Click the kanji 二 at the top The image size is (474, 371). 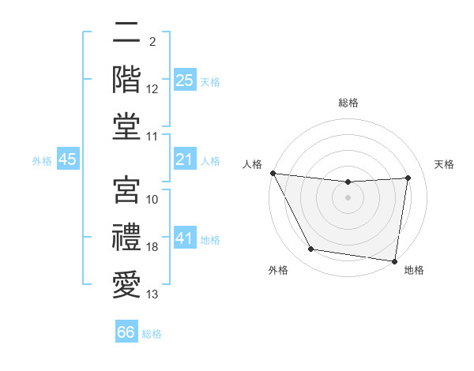point(126,33)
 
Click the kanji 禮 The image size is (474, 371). point(126,237)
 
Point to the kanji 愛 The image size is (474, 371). point(126,283)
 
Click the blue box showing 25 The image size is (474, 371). point(185,80)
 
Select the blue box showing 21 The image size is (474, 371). point(185,160)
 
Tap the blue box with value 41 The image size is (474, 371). point(185,238)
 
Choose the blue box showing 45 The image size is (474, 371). point(68,160)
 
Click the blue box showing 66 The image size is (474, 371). point(126,332)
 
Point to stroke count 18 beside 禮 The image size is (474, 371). point(152,247)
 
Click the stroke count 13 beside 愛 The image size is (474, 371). point(152,294)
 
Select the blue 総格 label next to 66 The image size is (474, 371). point(152,334)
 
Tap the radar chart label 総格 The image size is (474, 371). point(348,103)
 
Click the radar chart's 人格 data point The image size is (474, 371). point(273,173)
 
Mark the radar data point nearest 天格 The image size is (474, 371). point(408,178)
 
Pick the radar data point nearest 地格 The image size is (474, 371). point(395,260)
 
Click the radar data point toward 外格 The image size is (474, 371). point(311,249)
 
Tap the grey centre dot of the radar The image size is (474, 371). point(348,197)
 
